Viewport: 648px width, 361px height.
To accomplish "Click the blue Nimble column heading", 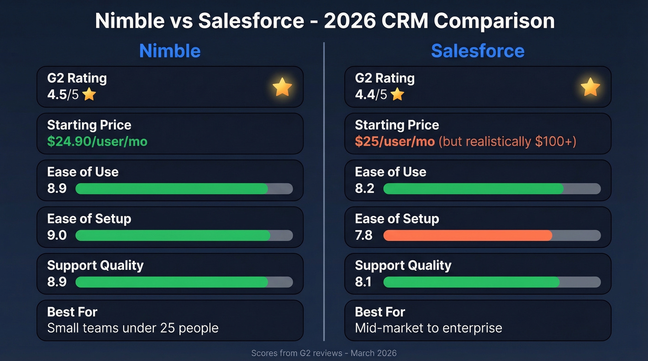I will tap(170, 51).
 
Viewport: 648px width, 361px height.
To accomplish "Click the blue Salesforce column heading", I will tap(478, 51).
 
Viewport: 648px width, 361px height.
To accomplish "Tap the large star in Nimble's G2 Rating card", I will tap(282, 87).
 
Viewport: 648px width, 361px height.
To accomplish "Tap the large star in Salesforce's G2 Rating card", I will tap(590, 87).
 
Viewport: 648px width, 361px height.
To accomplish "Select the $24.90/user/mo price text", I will tap(97, 141).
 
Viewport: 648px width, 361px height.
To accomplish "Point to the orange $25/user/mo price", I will tap(395, 141).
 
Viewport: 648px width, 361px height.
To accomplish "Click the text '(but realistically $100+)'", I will tap(507, 141).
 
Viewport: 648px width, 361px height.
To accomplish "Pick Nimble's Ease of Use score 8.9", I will tap(57, 189).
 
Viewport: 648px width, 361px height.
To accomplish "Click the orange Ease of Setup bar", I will tap(467, 235).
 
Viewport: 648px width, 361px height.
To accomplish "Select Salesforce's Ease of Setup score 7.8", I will tap(364, 235).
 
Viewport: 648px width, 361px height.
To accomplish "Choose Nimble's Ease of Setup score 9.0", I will tap(57, 235).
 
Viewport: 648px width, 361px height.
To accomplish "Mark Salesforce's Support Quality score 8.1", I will tap(363, 282).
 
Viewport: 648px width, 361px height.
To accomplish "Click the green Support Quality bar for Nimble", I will tap(172, 282).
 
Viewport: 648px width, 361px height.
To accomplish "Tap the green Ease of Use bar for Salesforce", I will tap(473, 189).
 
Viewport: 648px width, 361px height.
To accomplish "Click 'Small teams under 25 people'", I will tap(133, 328).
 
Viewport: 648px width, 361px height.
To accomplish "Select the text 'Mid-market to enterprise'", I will tap(428, 328).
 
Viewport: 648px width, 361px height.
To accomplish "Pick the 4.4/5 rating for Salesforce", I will tap(371, 95).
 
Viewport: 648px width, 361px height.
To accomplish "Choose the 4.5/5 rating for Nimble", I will tap(63, 95).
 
